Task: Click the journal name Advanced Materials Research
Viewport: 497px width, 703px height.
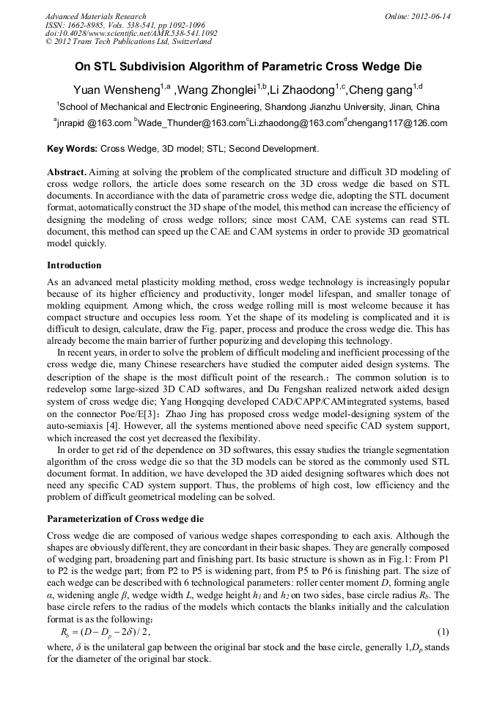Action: click(95, 16)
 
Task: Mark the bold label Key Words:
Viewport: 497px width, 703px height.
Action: click(71, 149)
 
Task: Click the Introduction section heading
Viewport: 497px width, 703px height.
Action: click(74, 265)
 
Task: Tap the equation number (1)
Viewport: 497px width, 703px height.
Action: click(443, 632)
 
